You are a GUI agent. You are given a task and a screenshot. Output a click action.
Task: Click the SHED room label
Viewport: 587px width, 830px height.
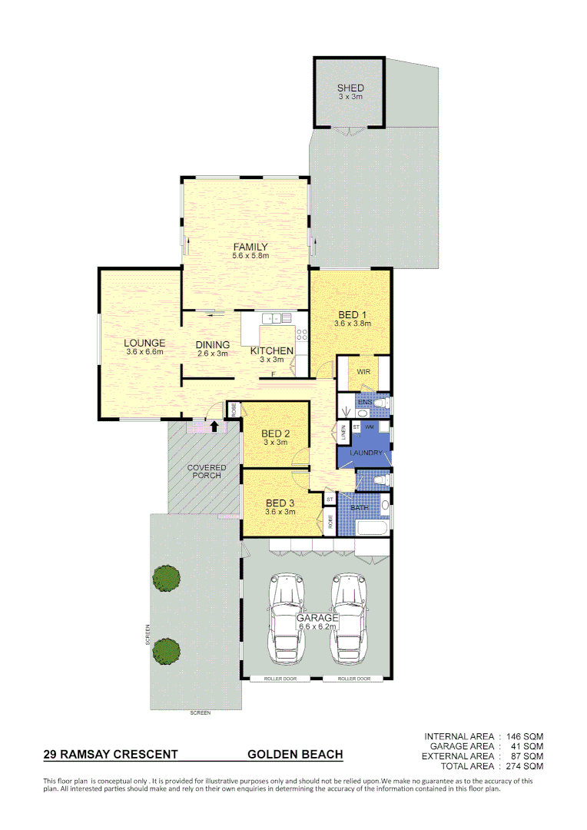click(350, 88)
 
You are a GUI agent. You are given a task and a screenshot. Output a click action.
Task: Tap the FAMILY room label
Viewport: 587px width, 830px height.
click(250, 247)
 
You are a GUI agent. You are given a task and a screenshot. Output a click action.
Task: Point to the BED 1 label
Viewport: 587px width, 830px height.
click(352, 315)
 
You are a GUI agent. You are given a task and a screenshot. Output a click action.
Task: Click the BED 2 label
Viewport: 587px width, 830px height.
click(276, 433)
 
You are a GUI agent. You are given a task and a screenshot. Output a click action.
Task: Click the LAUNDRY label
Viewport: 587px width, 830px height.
click(366, 453)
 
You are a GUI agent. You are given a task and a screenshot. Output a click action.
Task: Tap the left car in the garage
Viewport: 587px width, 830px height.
click(287, 619)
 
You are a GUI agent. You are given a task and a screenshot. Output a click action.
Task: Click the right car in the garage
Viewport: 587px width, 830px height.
click(350, 619)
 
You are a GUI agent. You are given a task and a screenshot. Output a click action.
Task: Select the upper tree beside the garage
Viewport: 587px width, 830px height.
click(165, 578)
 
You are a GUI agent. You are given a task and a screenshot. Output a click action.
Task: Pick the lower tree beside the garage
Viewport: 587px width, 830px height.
click(166, 651)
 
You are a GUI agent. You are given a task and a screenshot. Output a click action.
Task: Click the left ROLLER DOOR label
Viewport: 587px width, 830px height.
click(280, 679)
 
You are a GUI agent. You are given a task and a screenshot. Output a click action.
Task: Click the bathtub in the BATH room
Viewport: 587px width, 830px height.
click(369, 529)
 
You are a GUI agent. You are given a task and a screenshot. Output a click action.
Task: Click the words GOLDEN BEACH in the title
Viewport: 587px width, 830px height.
click(295, 755)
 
